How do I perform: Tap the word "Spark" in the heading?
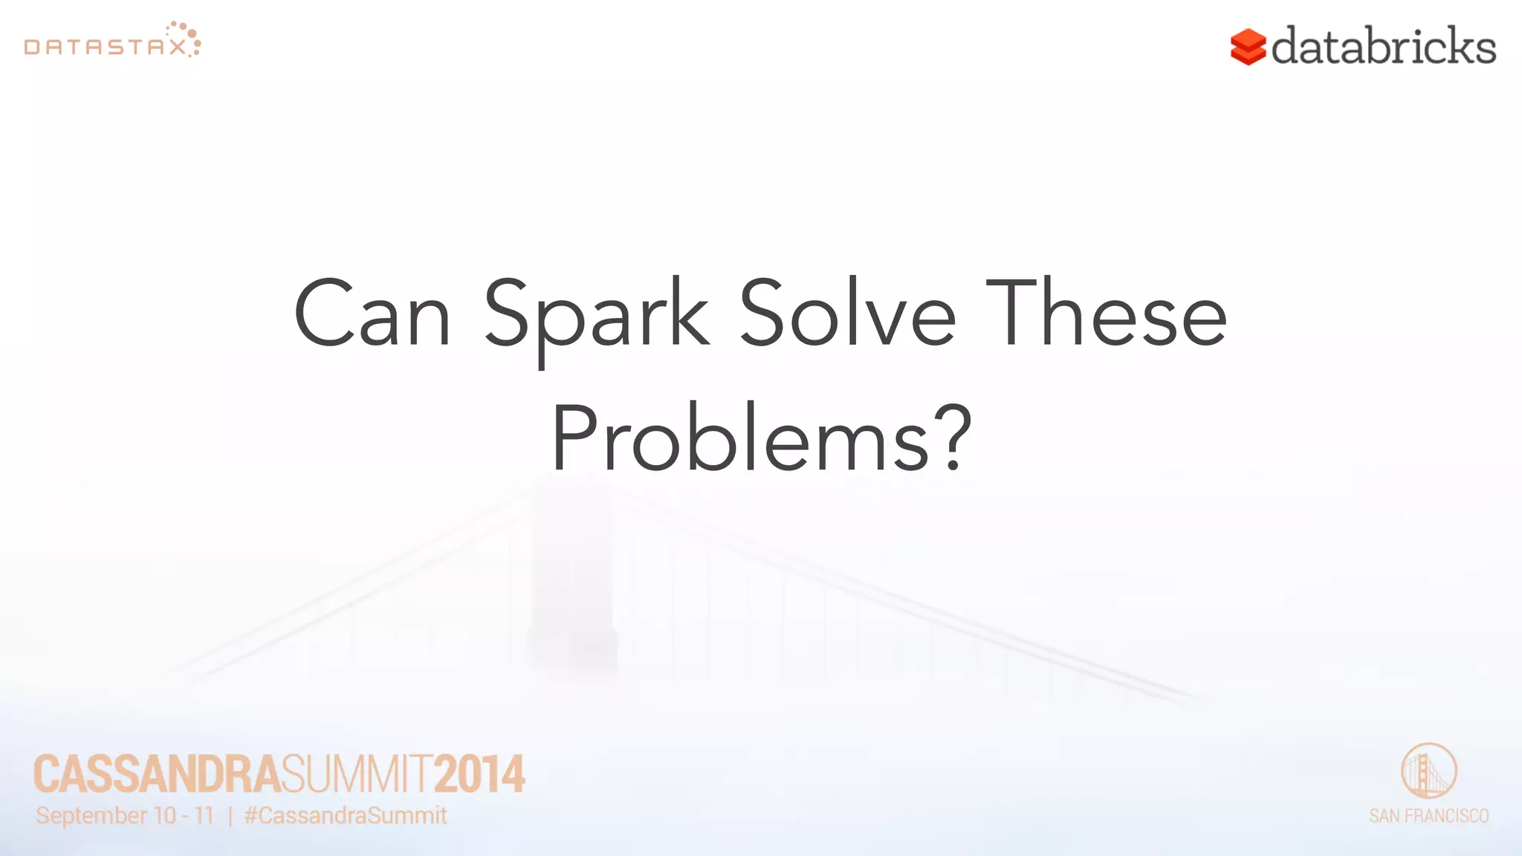pyautogui.click(x=597, y=316)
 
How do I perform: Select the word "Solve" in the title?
pyautogui.click(x=848, y=314)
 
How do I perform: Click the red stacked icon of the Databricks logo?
pyautogui.click(x=1248, y=47)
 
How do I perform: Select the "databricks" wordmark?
pyautogui.click(x=1383, y=46)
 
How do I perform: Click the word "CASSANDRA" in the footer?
pyautogui.click(x=157, y=774)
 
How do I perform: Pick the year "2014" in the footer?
pyautogui.click(x=479, y=774)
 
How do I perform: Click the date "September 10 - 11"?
pyautogui.click(x=125, y=816)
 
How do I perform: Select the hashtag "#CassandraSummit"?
pyautogui.click(x=346, y=816)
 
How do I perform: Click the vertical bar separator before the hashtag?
pyautogui.click(x=230, y=816)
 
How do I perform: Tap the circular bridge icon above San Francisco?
pyautogui.click(x=1428, y=771)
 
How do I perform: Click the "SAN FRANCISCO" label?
pyautogui.click(x=1428, y=816)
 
